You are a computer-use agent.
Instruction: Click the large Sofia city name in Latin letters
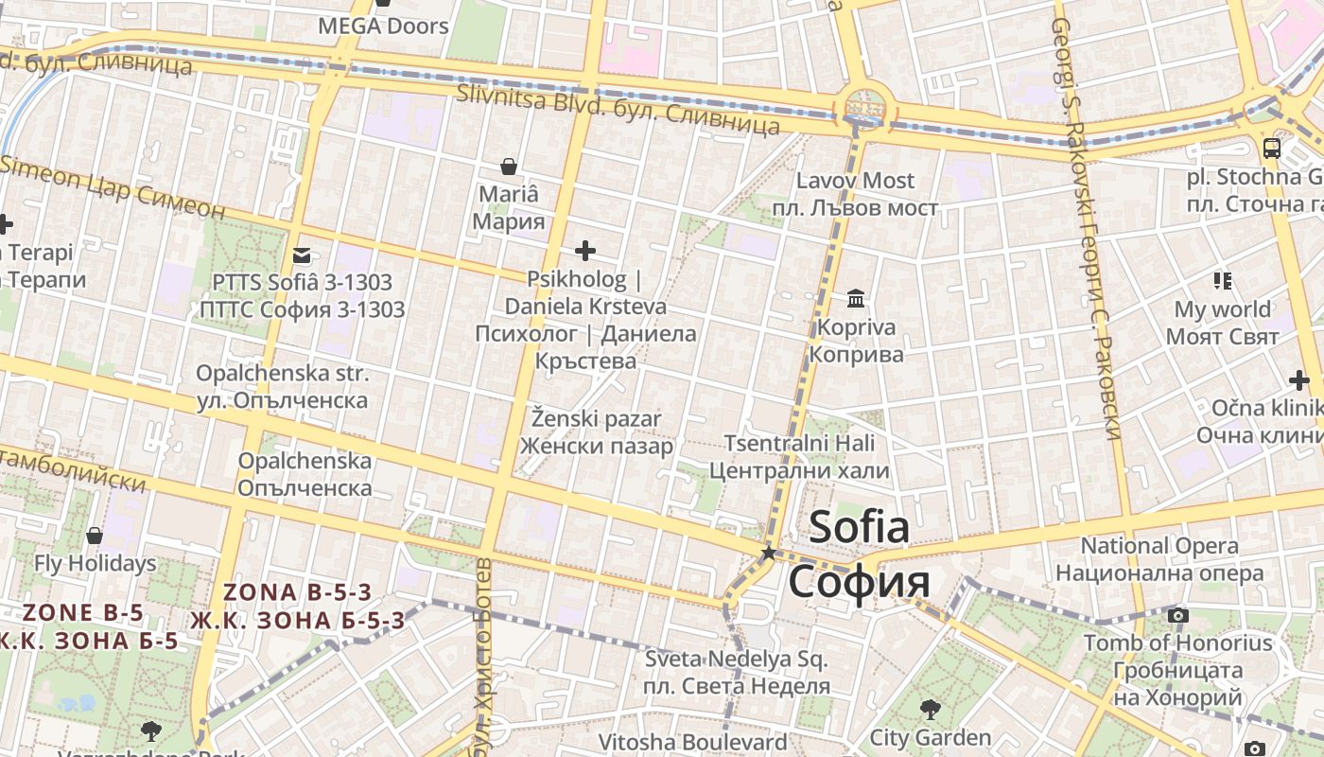point(859,527)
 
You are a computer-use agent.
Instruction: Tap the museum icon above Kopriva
point(856,299)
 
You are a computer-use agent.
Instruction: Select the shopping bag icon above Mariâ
point(509,167)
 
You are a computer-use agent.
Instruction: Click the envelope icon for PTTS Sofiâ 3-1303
point(302,255)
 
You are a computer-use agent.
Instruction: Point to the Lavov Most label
point(855,181)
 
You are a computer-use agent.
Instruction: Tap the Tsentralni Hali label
point(799,444)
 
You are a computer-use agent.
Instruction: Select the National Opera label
point(1159,546)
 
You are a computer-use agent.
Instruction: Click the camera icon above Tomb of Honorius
point(1177,615)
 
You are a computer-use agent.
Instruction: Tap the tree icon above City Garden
point(930,709)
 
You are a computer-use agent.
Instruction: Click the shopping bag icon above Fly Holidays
point(95,537)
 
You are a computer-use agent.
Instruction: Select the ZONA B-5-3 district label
point(298,593)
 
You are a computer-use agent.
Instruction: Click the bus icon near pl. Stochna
point(1272,148)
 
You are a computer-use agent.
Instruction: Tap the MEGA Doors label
point(383,26)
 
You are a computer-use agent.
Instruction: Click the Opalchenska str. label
point(282,374)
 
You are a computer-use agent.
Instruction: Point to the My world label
point(1222,309)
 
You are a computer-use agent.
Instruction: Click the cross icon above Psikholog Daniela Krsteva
point(585,251)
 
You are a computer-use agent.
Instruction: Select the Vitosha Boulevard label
point(692,742)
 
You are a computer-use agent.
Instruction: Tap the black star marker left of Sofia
point(769,553)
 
